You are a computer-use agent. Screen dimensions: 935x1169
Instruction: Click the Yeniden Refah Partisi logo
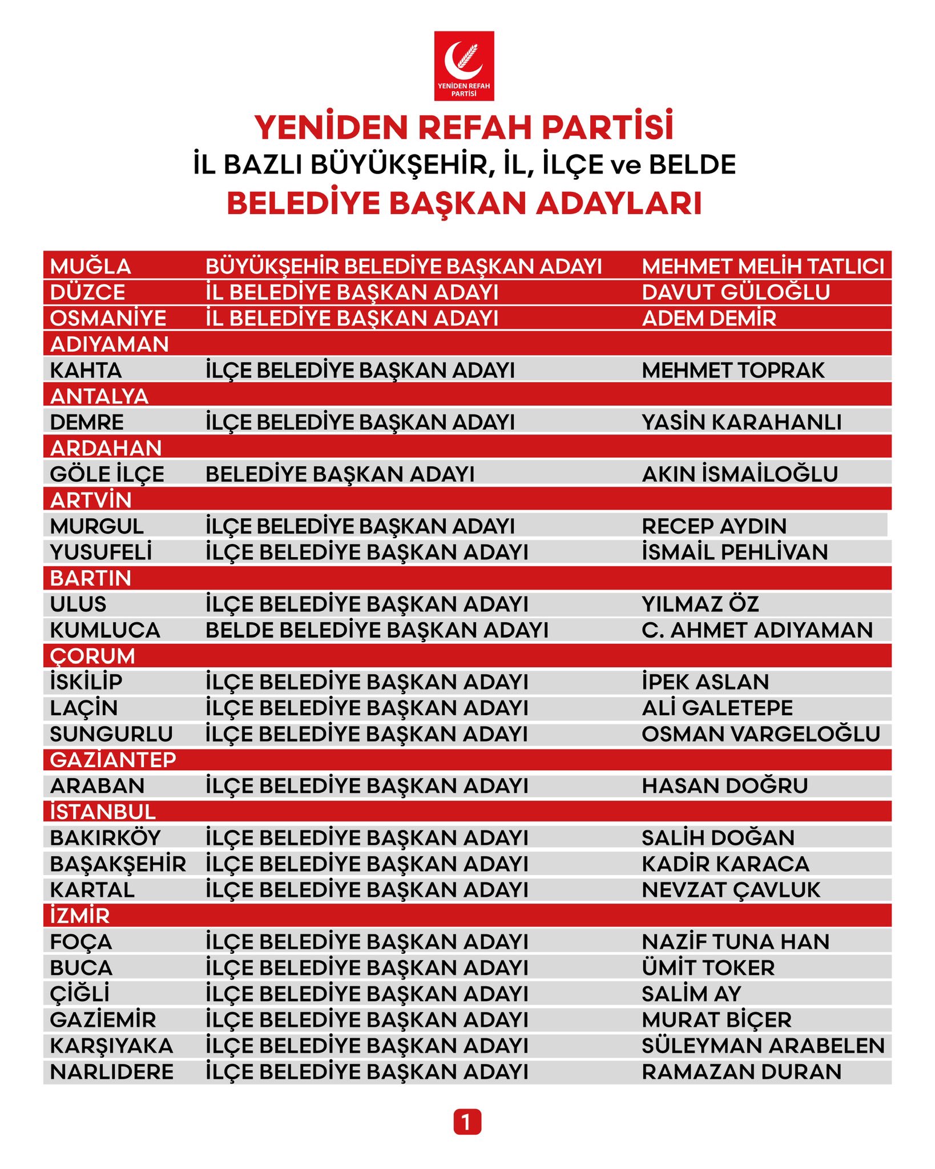click(464, 66)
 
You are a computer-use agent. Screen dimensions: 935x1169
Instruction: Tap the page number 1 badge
click(467, 1122)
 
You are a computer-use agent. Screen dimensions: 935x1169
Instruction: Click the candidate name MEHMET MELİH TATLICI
click(763, 266)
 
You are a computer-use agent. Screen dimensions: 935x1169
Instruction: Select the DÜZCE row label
click(87, 292)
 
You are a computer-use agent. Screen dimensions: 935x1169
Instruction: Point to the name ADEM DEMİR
click(708, 318)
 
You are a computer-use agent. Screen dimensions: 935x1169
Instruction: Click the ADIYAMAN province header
click(109, 344)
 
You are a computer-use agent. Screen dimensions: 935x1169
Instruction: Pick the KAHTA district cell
click(86, 370)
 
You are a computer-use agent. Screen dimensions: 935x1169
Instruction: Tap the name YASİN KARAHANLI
click(741, 422)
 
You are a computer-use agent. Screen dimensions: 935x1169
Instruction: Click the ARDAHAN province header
click(106, 448)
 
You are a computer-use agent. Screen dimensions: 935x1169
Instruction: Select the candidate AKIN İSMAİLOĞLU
click(739, 474)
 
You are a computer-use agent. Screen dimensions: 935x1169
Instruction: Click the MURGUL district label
click(96, 526)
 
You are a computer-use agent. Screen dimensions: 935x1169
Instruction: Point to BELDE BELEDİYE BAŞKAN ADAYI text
click(377, 630)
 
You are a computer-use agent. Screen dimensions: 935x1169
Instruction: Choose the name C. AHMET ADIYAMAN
click(757, 630)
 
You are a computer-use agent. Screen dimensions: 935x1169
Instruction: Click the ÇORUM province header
click(92, 656)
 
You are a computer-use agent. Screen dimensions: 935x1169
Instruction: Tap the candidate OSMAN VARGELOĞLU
click(760, 733)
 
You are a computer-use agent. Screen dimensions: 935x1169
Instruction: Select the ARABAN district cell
click(97, 785)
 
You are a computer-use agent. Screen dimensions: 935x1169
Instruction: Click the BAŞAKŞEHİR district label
click(118, 864)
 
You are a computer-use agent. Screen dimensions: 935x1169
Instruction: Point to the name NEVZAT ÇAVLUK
click(731, 889)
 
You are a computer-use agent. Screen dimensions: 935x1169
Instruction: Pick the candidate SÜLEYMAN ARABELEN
click(763, 1045)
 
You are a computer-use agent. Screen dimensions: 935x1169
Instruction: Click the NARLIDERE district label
click(111, 1071)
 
